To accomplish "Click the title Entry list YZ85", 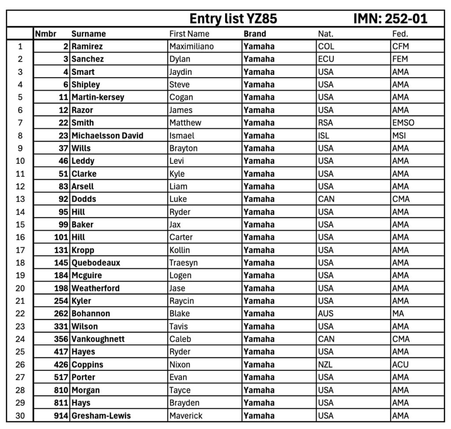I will click(x=233, y=19).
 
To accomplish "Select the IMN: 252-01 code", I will click(x=390, y=19).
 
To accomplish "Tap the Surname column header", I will click(x=89, y=34).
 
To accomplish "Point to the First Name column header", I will click(x=189, y=34).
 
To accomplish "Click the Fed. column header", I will click(x=400, y=34).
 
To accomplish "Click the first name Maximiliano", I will click(x=192, y=46).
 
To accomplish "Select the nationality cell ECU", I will click(x=326, y=59).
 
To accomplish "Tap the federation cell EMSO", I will click(x=403, y=123).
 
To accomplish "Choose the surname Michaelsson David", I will click(x=107, y=136).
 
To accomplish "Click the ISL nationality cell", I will click(x=324, y=136).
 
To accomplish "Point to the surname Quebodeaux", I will click(x=96, y=263).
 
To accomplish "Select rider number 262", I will click(x=60, y=314).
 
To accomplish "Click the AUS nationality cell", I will click(x=326, y=314).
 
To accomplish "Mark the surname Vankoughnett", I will click(x=98, y=339).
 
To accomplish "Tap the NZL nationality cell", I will click(x=325, y=365).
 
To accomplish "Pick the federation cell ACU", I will click(x=400, y=365).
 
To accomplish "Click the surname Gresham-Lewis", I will click(x=101, y=415).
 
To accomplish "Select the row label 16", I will click(x=20, y=237).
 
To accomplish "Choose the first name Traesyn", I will click(x=184, y=263).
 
